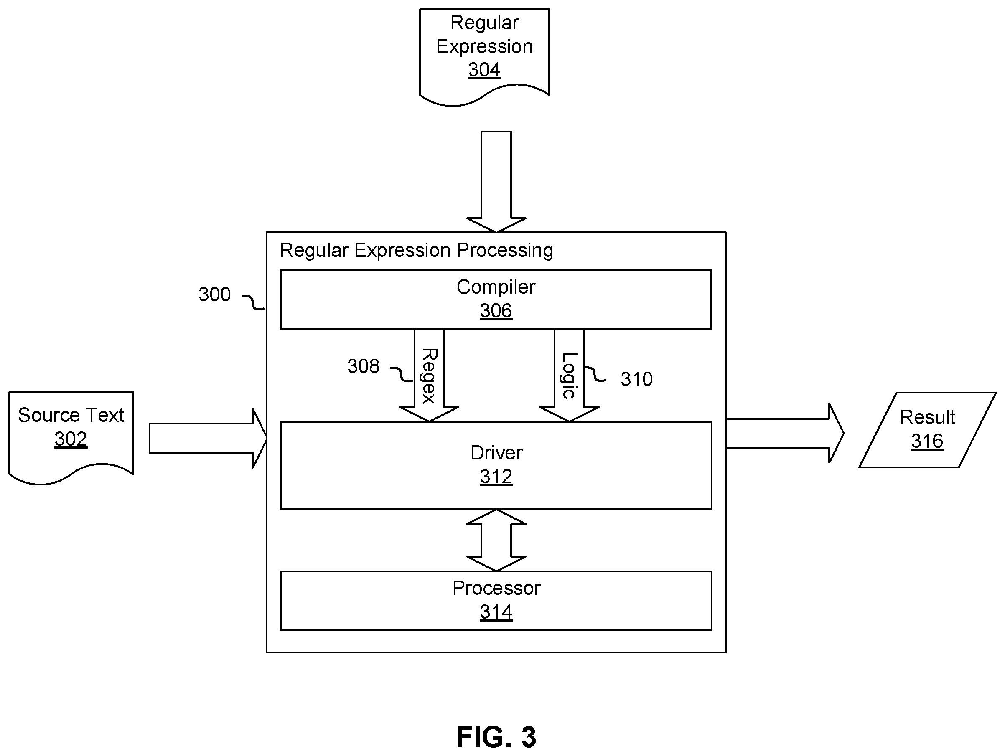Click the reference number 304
(x=484, y=70)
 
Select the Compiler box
(x=496, y=299)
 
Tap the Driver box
(x=496, y=465)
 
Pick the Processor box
(x=496, y=601)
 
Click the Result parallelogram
(x=927, y=430)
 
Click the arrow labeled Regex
(x=429, y=375)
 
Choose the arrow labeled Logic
(x=569, y=375)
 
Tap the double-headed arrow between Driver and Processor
(x=496, y=540)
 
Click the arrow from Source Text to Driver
(x=208, y=439)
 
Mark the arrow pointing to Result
(x=785, y=434)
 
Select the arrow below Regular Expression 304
(x=496, y=182)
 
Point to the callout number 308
(x=363, y=366)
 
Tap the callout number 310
(x=636, y=379)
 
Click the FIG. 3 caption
(x=496, y=737)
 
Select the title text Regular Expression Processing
(x=416, y=251)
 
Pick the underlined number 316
(x=927, y=441)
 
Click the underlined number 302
(x=71, y=439)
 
